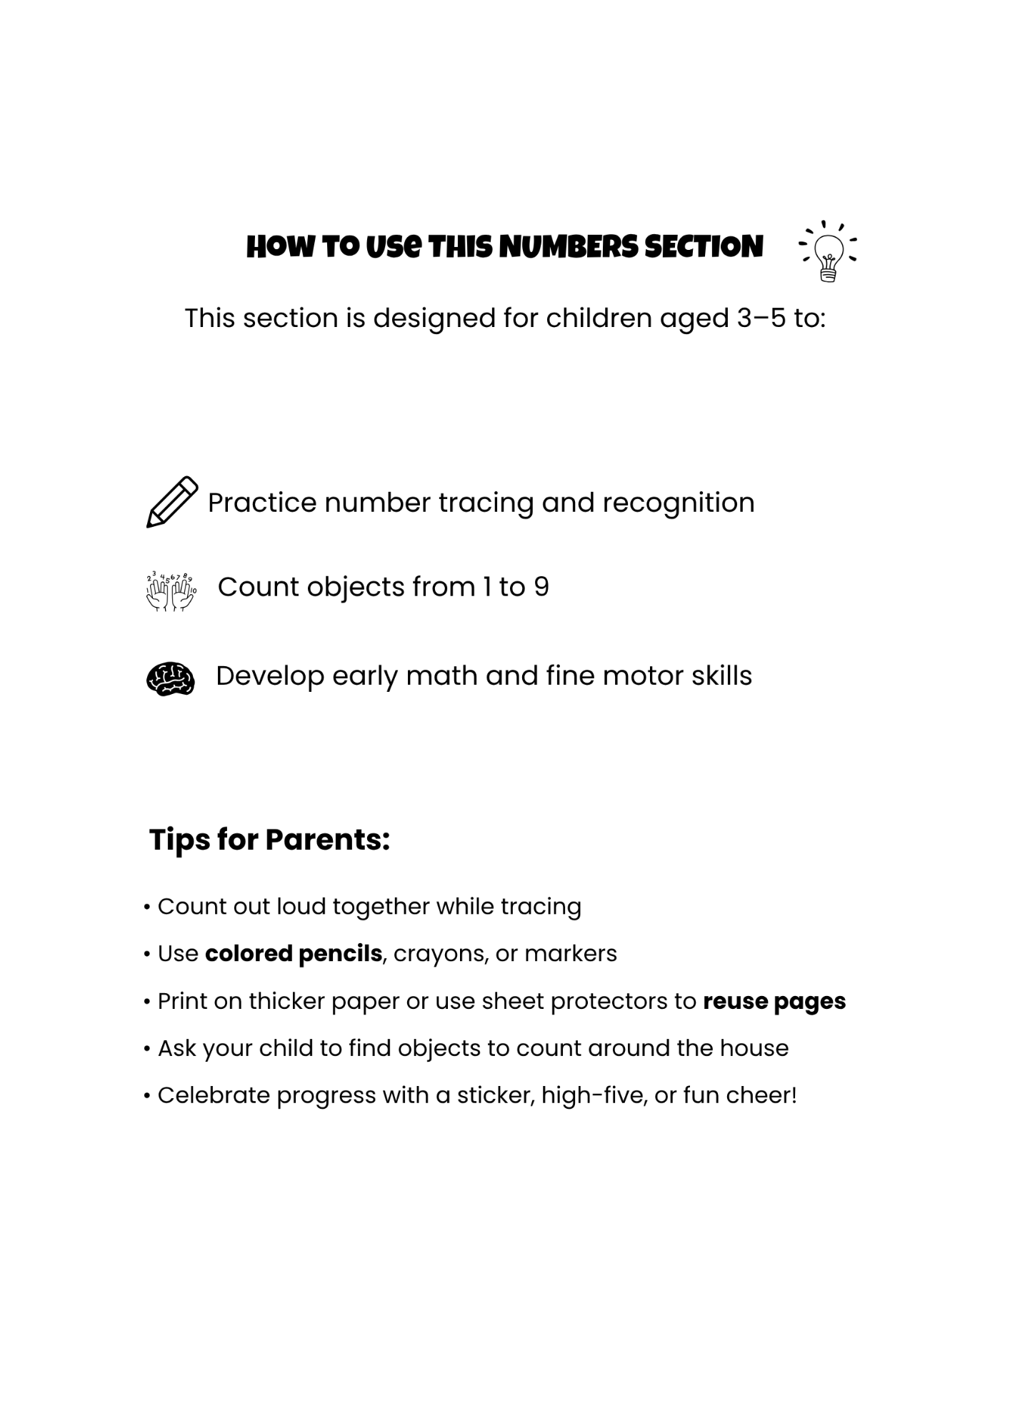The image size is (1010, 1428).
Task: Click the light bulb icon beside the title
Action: pyautogui.click(x=829, y=251)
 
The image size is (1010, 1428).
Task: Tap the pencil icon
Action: pyautogui.click(x=172, y=502)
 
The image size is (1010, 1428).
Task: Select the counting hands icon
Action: pyautogui.click(x=171, y=591)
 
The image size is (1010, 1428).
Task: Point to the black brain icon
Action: pyautogui.click(x=170, y=678)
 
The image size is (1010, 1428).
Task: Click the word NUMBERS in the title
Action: pyautogui.click(x=569, y=247)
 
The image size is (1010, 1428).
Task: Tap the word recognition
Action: pyautogui.click(x=679, y=503)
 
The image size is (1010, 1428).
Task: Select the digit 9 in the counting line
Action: pyautogui.click(x=541, y=587)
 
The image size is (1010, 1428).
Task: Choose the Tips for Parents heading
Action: pyautogui.click(x=269, y=840)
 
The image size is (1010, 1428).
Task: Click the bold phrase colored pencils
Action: pyautogui.click(x=293, y=954)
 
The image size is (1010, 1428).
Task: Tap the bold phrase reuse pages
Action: pyautogui.click(x=774, y=1001)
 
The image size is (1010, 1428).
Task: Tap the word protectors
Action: pyautogui.click(x=609, y=1001)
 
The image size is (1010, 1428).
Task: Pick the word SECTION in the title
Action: pyautogui.click(x=704, y=247)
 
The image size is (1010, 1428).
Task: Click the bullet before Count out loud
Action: pyautogui.click(x=146, y=907)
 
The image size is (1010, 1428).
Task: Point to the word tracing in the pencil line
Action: pyautogui.click(x=486, y=503)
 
